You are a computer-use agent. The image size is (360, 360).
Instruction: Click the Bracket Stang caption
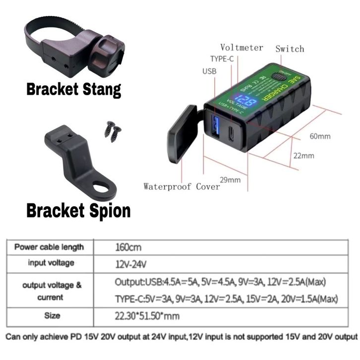coord(73,90)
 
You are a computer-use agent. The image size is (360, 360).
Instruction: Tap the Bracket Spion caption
coord(78,210)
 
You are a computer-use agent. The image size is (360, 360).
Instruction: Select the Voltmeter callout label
coord(241,48)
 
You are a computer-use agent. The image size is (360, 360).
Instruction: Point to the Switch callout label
coord(290,49)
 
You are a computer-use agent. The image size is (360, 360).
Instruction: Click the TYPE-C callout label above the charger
coord(222,59)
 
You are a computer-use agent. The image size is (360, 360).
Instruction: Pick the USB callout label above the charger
coord(210,71)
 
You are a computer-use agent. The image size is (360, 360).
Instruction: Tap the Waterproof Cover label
coord(181,186)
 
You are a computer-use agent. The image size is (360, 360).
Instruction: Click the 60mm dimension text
coord(320,136)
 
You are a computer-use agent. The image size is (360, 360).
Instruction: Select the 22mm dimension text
coord(304,156)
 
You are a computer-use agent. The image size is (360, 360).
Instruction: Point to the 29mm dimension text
coord(230,180)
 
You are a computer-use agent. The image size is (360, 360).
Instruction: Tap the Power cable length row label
coord(49,246)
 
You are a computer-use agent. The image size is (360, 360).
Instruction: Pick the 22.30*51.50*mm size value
coord(147,315)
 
